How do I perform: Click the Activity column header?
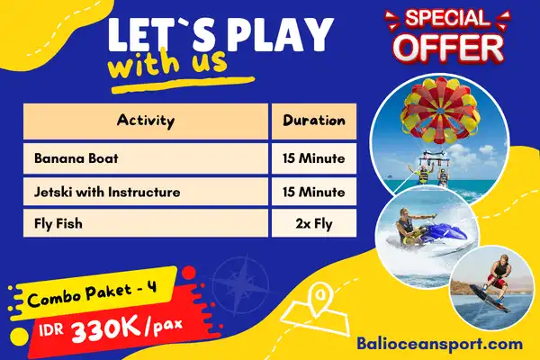[146, 121]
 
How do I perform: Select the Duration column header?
[314, 121]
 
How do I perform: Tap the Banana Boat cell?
[146, 158]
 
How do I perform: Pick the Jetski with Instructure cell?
[146, 192]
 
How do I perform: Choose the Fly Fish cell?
[146, 223]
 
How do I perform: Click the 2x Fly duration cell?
[314, 223]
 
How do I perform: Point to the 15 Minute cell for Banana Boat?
[314, 158]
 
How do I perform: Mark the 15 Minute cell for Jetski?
[314, 192]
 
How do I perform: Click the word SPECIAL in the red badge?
[447, 18]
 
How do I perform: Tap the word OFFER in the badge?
[448, 49]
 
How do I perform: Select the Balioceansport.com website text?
[439, 344]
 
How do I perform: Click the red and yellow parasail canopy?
[440, 110]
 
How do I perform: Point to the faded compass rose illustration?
[240, 284]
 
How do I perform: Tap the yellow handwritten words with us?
[167, 63]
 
